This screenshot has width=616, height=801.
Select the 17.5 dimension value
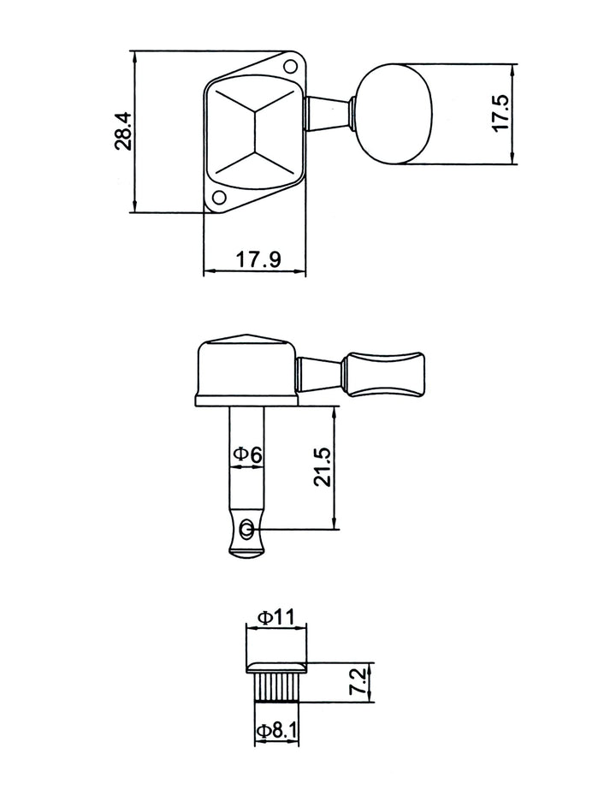pos(501,112)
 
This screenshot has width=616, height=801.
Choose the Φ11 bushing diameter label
pos(276,616)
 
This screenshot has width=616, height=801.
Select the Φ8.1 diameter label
pos(277,731)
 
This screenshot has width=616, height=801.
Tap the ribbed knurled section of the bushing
pos(275,688)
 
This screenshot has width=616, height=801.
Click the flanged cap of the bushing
pos(276,666)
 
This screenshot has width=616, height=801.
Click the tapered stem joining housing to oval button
pos(329,113)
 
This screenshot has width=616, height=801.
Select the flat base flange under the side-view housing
pos(246,400)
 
